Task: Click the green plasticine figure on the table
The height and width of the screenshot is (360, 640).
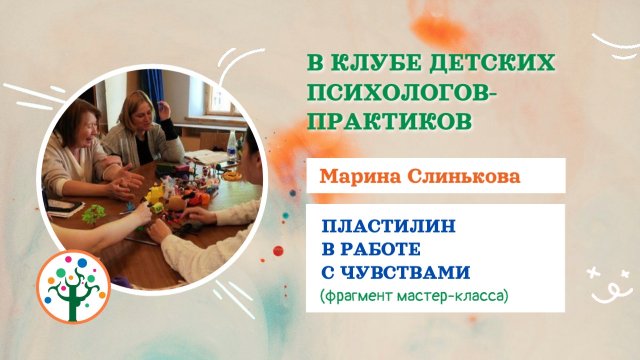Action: click(95, 212)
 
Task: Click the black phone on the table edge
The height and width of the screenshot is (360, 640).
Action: click(64, 208)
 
